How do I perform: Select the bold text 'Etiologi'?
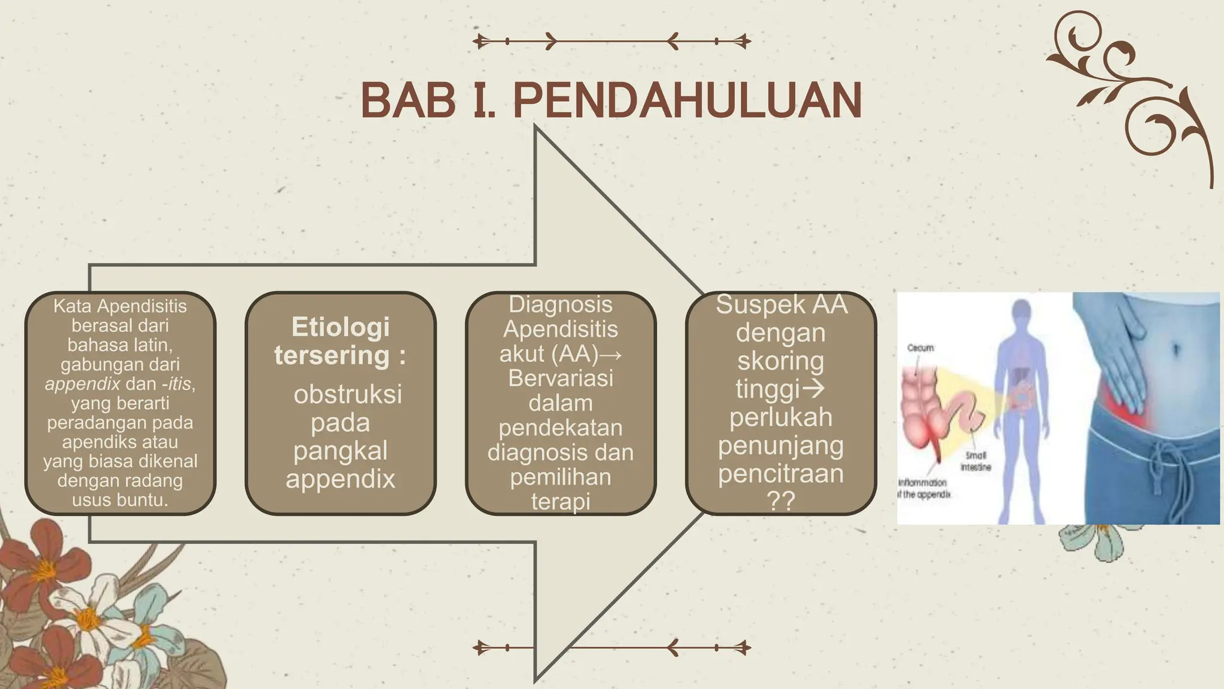(x=340, y=327)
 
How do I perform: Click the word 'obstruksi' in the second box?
(x=348, y=394)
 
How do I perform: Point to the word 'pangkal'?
(x=340, y=450)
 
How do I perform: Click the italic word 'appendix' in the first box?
(x=82, y=383)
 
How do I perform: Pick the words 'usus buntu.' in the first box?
(x=120, y=499)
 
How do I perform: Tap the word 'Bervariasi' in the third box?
(x=561, y=378)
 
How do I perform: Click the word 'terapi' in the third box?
(x=561, y=501)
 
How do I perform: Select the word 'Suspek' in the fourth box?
(x=751, y=304)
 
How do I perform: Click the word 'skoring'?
(x=781, y=361)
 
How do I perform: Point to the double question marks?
(x=781, y=501)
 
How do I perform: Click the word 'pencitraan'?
(x=781, y=473)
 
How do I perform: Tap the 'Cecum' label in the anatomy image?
(x=920, y=347)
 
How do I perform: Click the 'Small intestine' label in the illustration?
(x=975, y=461)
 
